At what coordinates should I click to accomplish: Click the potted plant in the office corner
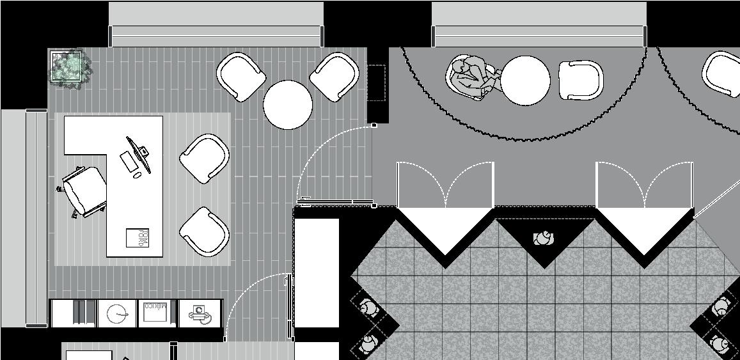click(x=67, y=66)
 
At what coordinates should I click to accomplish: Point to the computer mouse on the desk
click(x=138, y=175)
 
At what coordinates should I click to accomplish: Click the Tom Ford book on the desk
click(x=138, y=237)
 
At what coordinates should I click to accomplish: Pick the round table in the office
click(x=288, y=104)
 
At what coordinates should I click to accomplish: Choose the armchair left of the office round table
click(x=241, y=76)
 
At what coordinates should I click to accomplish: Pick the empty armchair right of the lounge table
click(x=581, y=81)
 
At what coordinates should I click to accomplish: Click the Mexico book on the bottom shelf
click(x=155, y=312)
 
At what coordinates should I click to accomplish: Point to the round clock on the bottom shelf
click(x=117, y=313)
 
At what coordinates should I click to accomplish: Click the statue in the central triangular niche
click(x=544, y=239)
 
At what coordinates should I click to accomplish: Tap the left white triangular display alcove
click(x=446, y=230)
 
